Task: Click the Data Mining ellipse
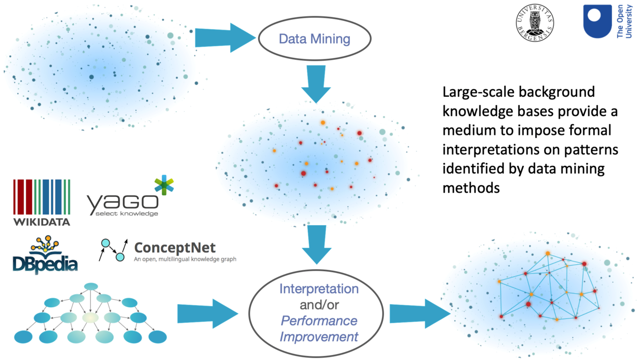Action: coord(314,39)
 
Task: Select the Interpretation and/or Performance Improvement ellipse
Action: coord(318,313)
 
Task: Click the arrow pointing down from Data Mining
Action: coord(316,84)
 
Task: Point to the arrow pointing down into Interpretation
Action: coord(316,244)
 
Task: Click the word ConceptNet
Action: coord(174,247)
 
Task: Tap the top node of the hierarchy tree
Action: coord(91,287)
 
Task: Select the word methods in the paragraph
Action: coord(471,188)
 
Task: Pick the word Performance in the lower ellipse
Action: coord(318,320)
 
